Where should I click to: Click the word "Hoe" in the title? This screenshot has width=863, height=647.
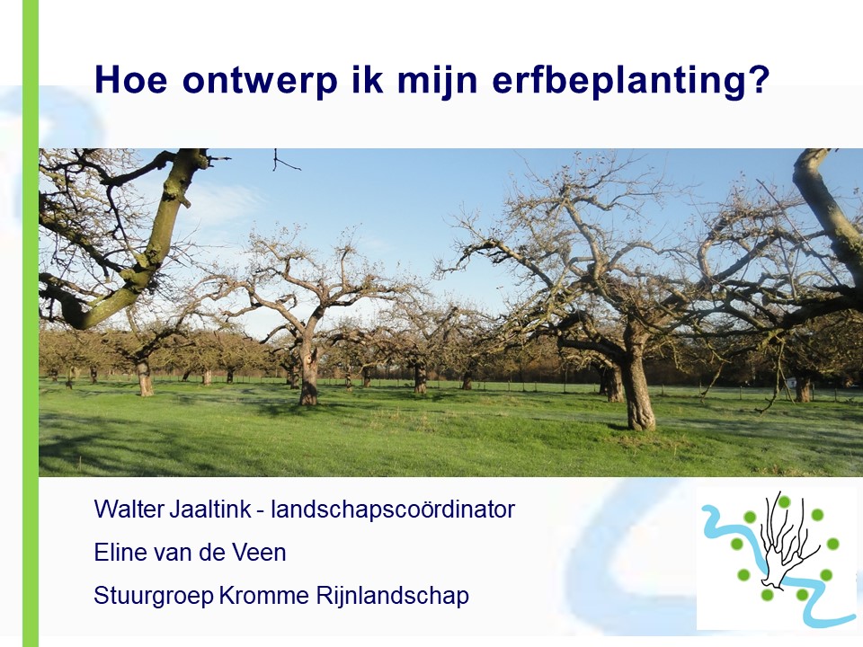pos(131,79)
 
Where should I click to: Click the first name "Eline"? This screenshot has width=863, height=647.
pos(117,553)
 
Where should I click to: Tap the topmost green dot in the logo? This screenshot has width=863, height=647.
pos(784,501)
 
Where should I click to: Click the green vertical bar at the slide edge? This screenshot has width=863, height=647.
pos(31,323)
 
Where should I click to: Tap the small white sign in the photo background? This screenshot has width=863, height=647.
pos(790,381)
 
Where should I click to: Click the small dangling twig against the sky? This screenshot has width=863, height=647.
pos(282,161)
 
